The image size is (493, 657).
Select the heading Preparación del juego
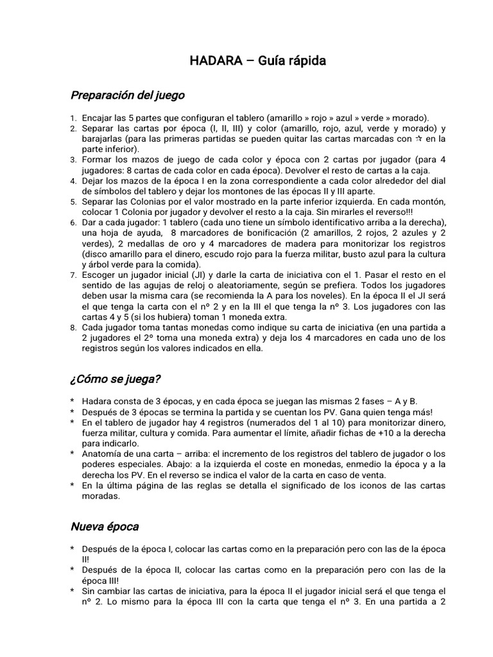tap(127, 96)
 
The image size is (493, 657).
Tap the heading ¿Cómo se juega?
tap(115, 379)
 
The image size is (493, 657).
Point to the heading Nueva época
tap(104, 527)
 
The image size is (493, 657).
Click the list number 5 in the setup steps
tap(73, 201)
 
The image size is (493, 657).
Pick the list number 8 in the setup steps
tap(73, 327)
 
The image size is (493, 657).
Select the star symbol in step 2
tap(418, 139)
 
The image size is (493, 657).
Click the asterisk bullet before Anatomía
tap(73, 454)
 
